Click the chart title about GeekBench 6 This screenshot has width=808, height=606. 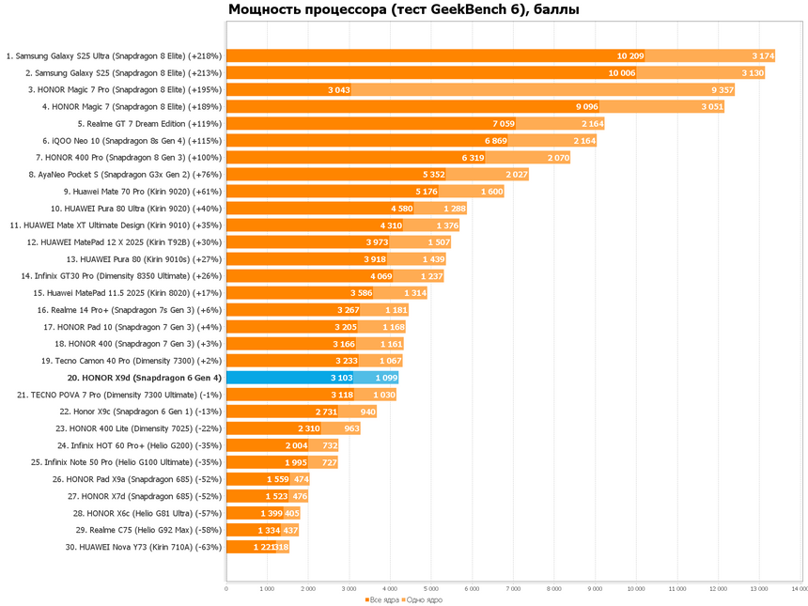[x=404, y=10]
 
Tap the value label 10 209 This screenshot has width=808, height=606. [x=629, y=56]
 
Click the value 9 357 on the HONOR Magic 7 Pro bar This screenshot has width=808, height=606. [x=723, y=90]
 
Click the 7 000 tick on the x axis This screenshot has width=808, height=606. [x=513, y=589]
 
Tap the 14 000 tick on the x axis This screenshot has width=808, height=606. [x=799, y=589]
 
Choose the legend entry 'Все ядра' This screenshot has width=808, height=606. [x=385, y=599]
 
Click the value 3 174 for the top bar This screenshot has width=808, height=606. [x=763, y=56]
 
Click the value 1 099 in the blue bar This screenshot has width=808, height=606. [x=386, y=378]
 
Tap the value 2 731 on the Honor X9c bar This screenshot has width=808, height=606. [x=324, y=412]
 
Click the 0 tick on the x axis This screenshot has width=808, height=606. [x=226, y=589]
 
